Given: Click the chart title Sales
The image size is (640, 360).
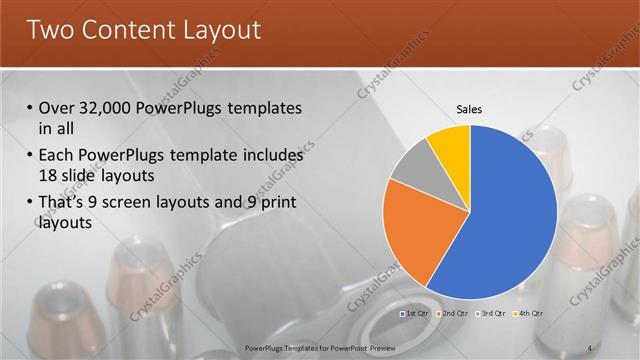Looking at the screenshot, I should [x=470, y=108].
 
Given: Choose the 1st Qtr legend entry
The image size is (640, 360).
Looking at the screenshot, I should [x=418, y=314].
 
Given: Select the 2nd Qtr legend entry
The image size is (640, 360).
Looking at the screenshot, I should [x=454, y=314].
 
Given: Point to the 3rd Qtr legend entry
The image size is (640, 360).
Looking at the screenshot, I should [x=491, y=314].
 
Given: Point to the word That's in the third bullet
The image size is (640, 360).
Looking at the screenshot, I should [x=63, y=203].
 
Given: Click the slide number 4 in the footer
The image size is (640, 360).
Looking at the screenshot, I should [x=590, y=347].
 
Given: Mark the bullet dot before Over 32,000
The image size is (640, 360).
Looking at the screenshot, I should [x=30, y=108].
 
